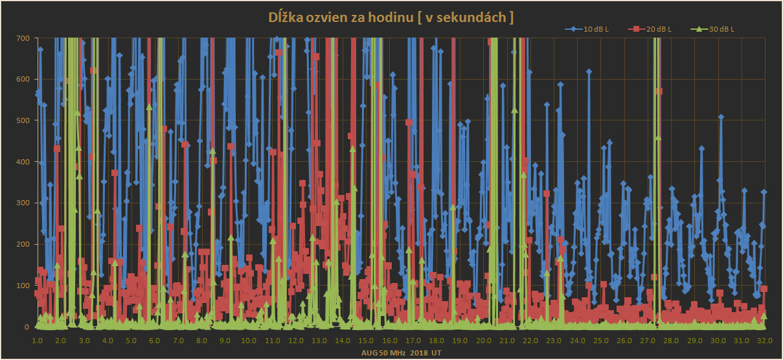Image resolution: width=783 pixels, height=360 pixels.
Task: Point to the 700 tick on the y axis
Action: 23,38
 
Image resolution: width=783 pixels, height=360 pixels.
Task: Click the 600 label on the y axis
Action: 23,80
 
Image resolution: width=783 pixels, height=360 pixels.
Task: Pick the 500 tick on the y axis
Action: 23,121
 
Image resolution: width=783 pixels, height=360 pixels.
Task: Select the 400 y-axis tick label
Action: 23,163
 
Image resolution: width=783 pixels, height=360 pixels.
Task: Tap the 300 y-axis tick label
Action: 23,203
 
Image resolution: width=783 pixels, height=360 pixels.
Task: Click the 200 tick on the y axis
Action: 23,245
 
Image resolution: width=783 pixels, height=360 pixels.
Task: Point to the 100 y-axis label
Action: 23,286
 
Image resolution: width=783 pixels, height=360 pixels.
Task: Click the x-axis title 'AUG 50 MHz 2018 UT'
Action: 402,353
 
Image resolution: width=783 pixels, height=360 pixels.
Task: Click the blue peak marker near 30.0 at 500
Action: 721,117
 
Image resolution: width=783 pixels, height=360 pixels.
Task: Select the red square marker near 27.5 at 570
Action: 659,91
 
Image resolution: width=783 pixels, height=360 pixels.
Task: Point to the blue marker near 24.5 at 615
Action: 589,72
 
